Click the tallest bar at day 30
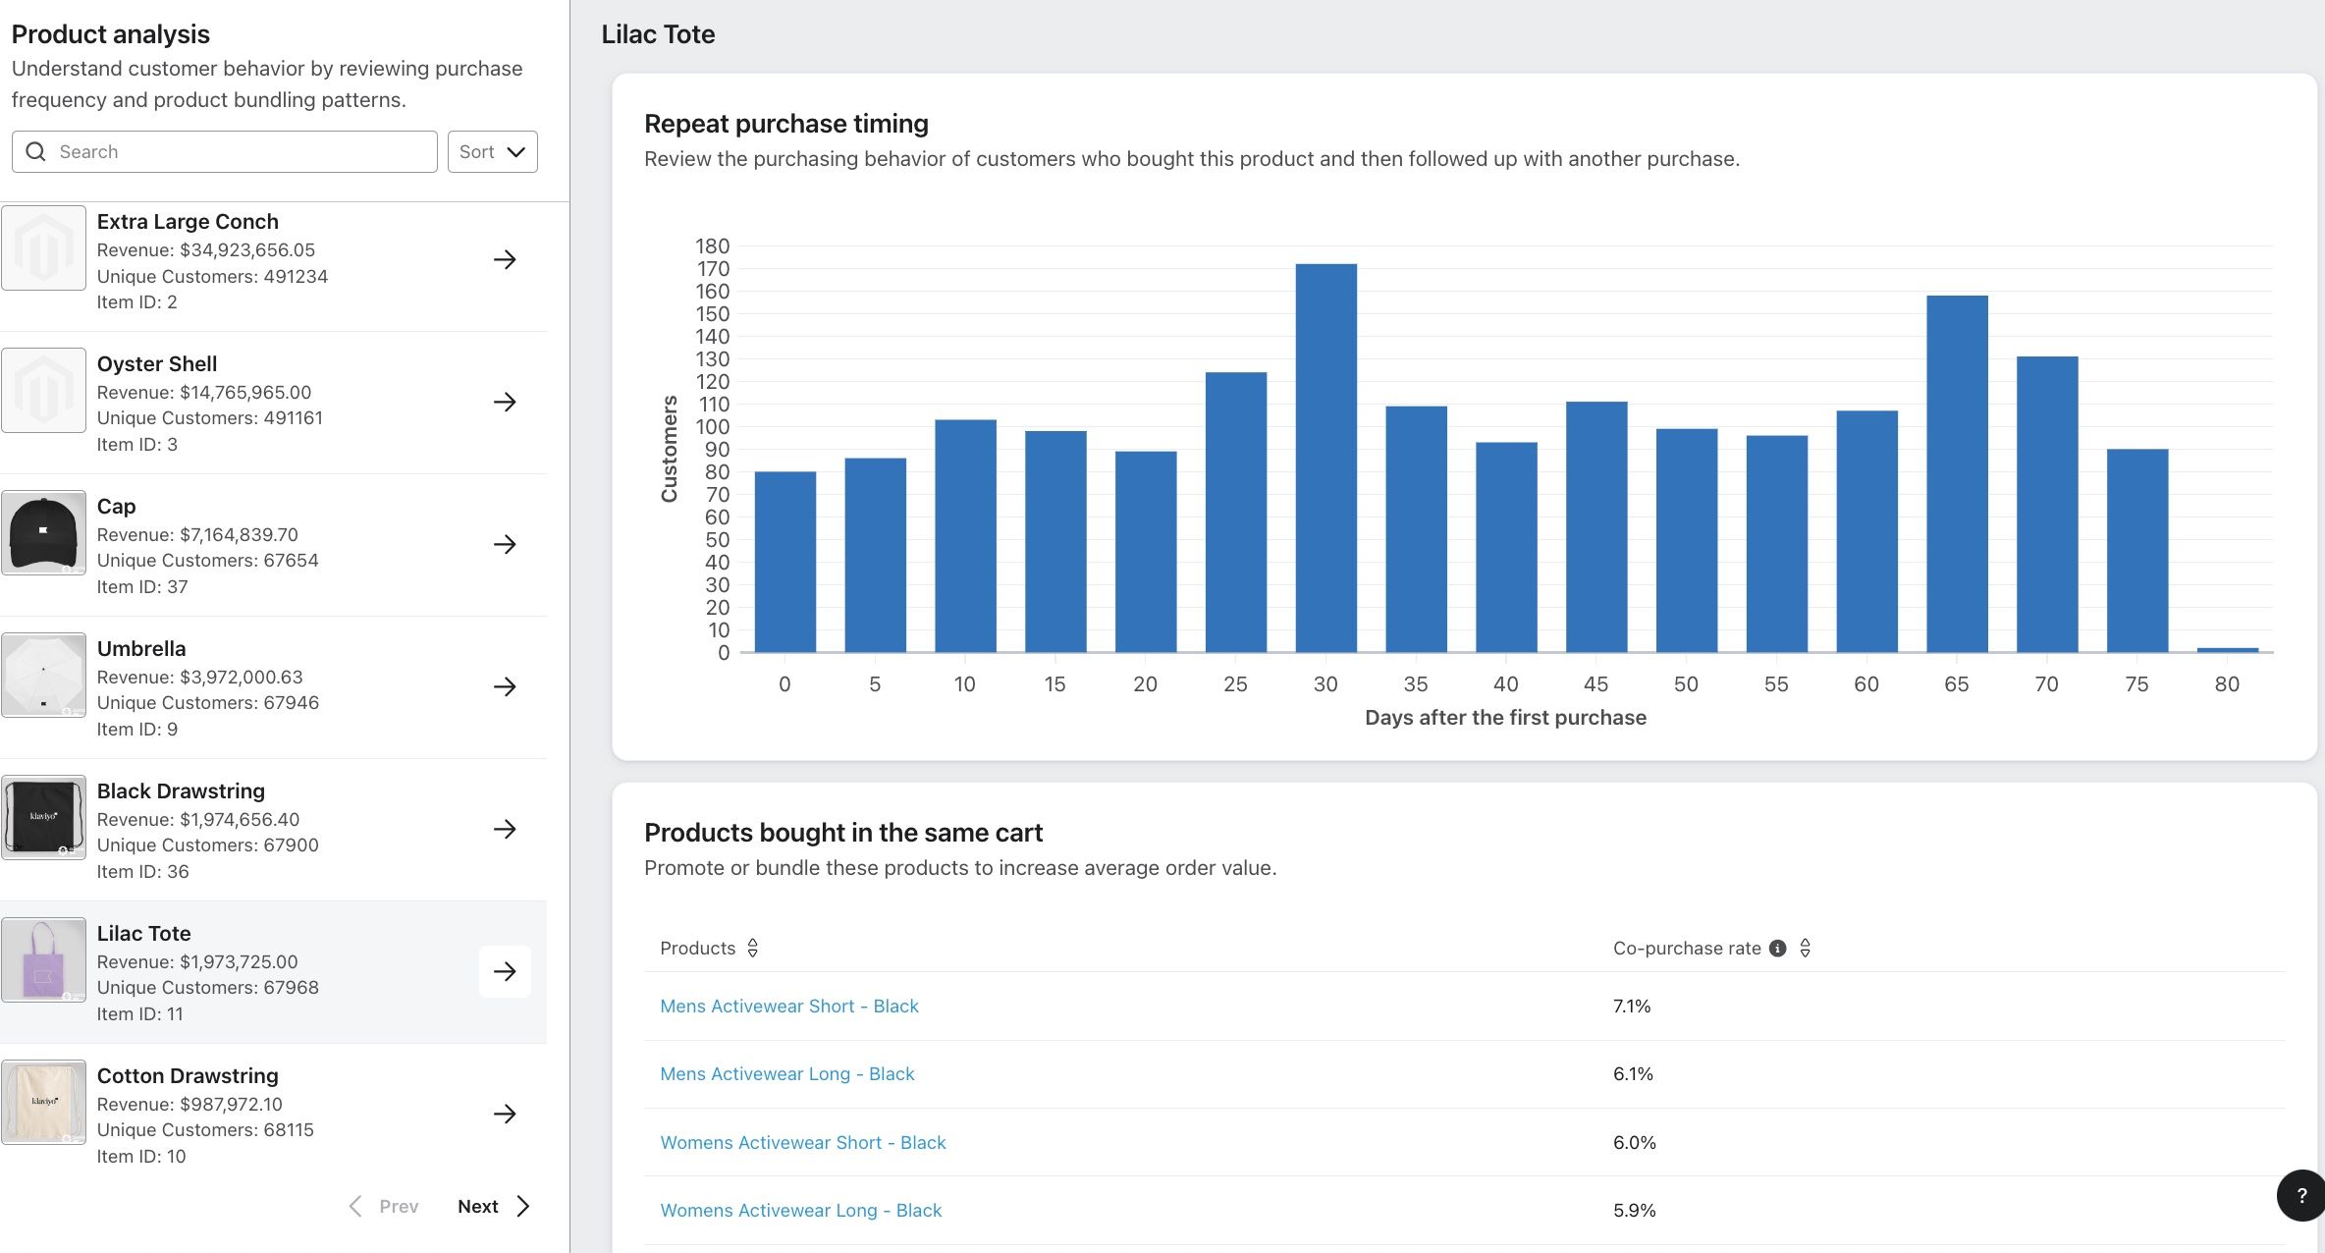1325,458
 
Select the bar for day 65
1957,473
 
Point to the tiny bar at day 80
2227,649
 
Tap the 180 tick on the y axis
713,245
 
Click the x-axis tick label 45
1595,684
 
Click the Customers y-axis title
670,449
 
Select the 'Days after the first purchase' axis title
1505,718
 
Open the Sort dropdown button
493,152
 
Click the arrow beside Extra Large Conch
505,259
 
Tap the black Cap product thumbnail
43,532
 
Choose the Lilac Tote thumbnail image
43,959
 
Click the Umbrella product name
141,649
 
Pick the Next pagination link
494,1207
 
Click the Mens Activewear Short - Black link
789,1007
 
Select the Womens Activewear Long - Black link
801,1211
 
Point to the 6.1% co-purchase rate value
1633,1074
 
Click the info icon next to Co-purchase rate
1777,949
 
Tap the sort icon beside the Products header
753,949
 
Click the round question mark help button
2301,1195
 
